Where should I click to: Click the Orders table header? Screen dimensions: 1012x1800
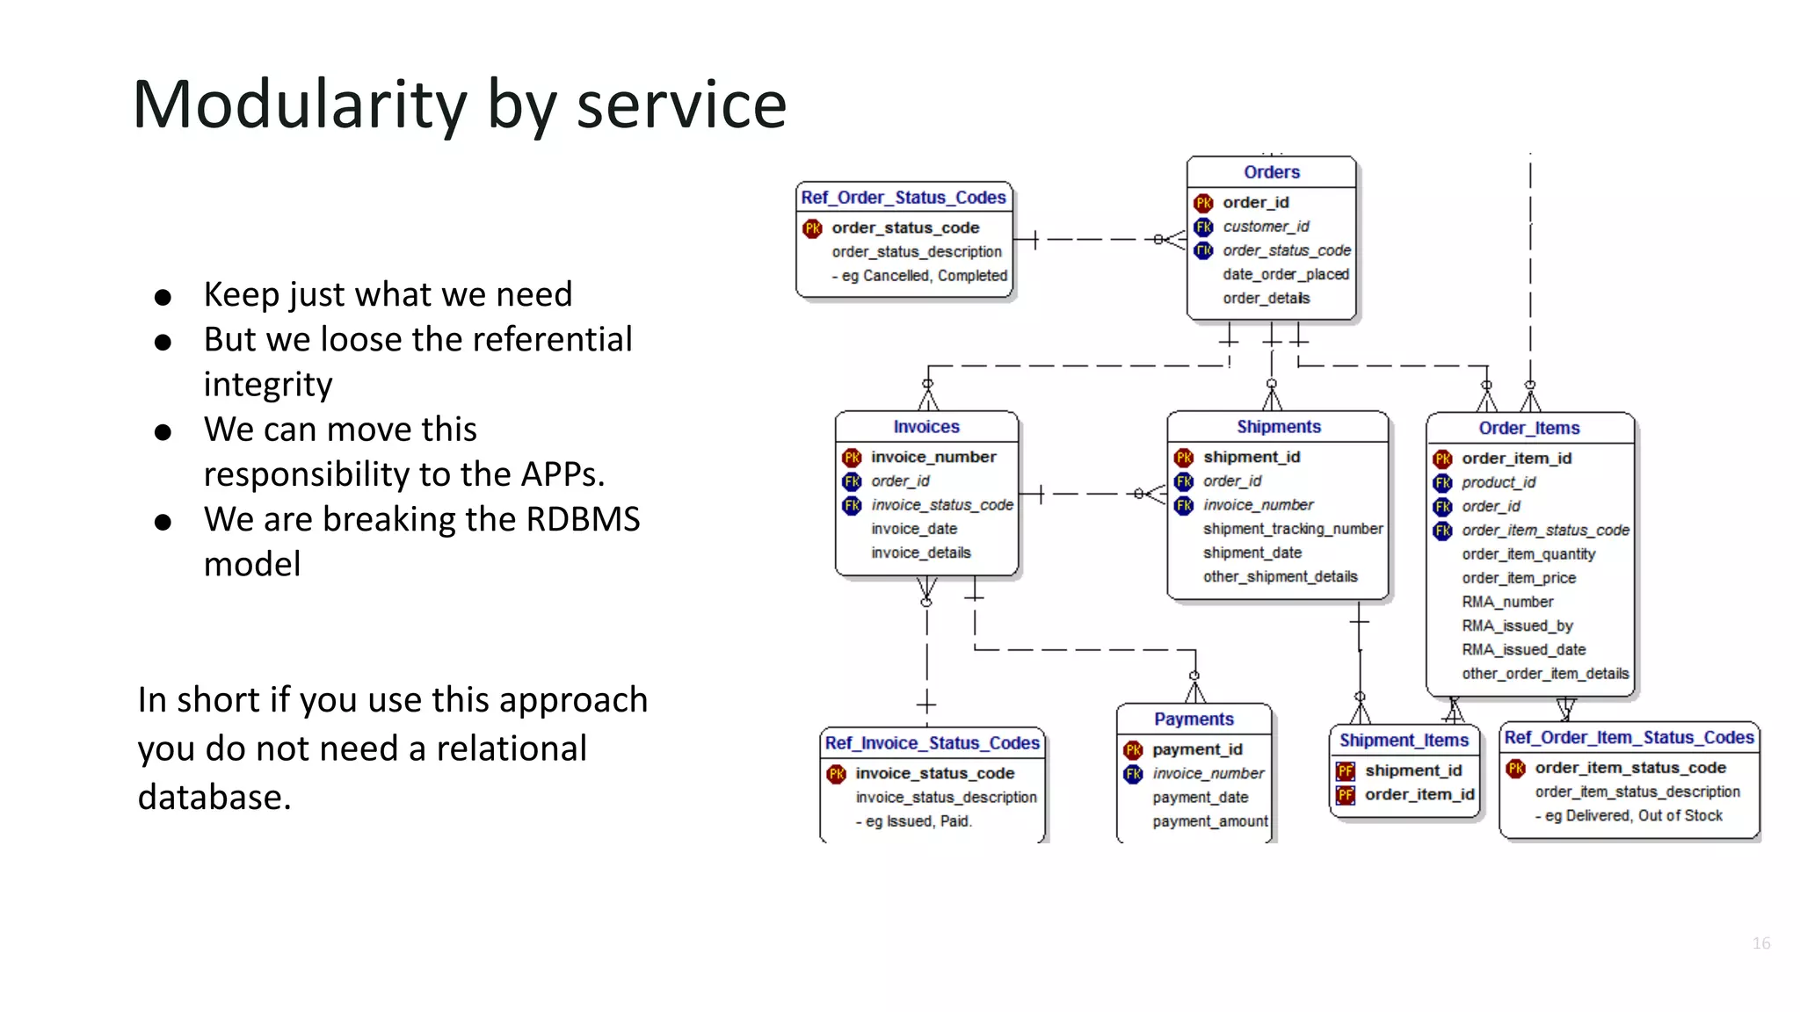[x=1271, y=172]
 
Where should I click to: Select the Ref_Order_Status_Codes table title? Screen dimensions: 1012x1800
[x=903, y=198]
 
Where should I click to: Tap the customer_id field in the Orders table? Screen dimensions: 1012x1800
[x=1266, y=227]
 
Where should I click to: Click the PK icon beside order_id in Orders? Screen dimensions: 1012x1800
[x=1203, y=203]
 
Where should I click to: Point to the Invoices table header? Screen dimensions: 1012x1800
[x=925, y=427]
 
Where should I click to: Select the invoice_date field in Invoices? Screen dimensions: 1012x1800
[x=914, y=529]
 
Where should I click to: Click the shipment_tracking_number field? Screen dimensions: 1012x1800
[x=1292, y=529]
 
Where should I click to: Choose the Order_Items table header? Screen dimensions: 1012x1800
[x=1528, y=428]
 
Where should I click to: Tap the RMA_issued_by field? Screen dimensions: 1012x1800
[x=1517, y=625]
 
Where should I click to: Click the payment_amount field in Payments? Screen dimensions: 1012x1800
[x=1209, y=821]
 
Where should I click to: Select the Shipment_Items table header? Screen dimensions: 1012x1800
[x=1404, y=741]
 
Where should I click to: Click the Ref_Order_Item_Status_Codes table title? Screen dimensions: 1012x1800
[x=1629, y=738]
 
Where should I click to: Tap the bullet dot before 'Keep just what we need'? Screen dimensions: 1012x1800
[x=163, y=297]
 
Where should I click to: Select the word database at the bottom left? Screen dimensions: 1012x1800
[x=214, y=797]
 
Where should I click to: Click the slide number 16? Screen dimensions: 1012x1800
[x=1760, y=943]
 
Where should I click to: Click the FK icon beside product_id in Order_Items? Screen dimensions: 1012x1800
[x=1442, y=483]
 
